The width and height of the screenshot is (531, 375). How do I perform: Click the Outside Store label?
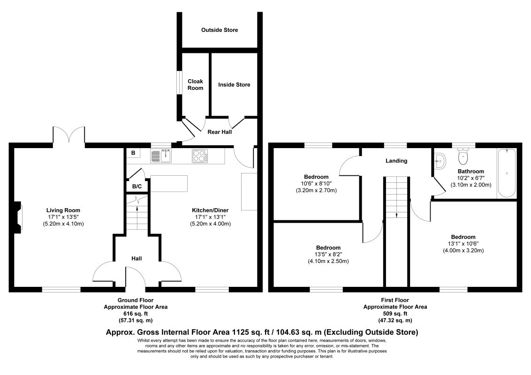(220, 30)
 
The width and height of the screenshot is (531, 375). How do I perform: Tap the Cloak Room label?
(196, 85)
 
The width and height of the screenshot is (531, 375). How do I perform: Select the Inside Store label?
(234, 85)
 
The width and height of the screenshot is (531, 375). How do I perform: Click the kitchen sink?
(161, 156)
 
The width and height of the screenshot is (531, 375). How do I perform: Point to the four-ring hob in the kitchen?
(200, 156)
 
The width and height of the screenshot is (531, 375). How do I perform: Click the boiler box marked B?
(133, 153)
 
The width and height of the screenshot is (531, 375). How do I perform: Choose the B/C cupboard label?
(137, 187)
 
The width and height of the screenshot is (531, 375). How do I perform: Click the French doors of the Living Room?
(69, 135)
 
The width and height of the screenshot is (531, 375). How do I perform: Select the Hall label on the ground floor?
(137, 259)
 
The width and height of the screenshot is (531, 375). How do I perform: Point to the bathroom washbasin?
(440, 160)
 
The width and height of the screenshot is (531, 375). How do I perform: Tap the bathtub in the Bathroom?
(507, 173)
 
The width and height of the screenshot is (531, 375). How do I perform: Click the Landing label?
(396, 161)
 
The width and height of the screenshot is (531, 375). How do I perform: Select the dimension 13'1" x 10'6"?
(463, 244)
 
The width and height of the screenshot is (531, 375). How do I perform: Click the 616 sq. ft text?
(136, 314)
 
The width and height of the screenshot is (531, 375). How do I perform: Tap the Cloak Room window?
(180, 82)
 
